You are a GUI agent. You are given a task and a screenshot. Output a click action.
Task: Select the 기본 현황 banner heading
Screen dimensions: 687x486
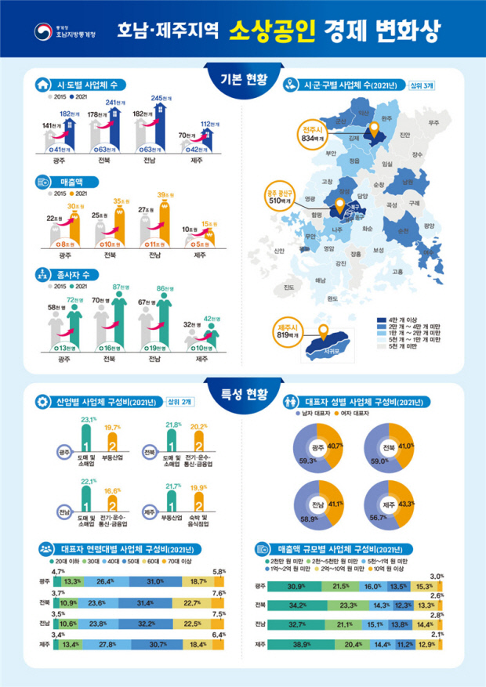(242, 79)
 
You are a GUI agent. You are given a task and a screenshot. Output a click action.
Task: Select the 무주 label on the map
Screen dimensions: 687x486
(433, 123)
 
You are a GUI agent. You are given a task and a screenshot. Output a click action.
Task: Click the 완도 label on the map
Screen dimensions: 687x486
(332, 297)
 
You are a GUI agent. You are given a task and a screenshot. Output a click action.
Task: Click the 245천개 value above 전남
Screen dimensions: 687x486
(161, 98)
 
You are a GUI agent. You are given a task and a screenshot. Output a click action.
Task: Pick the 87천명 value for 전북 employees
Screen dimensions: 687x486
(121, 287)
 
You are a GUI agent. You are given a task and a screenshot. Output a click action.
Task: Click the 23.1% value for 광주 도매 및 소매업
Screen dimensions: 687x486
(89, 421)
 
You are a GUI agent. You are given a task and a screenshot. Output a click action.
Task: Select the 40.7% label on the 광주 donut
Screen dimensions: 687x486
(335, 446)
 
